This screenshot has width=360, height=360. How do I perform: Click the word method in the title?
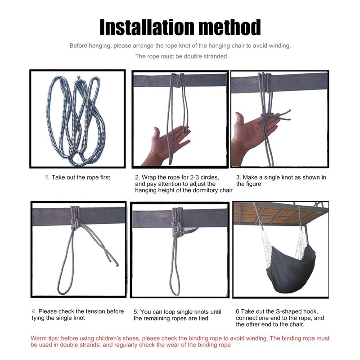[229, 27]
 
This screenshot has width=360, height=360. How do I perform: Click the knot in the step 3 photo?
[265, 117]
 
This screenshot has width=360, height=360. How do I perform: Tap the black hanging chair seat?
[290, 269]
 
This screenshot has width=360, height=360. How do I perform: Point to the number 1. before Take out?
[48, 177]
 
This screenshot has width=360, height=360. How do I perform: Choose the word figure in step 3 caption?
[253, 184]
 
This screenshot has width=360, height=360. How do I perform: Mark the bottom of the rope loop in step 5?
[175, 295]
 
